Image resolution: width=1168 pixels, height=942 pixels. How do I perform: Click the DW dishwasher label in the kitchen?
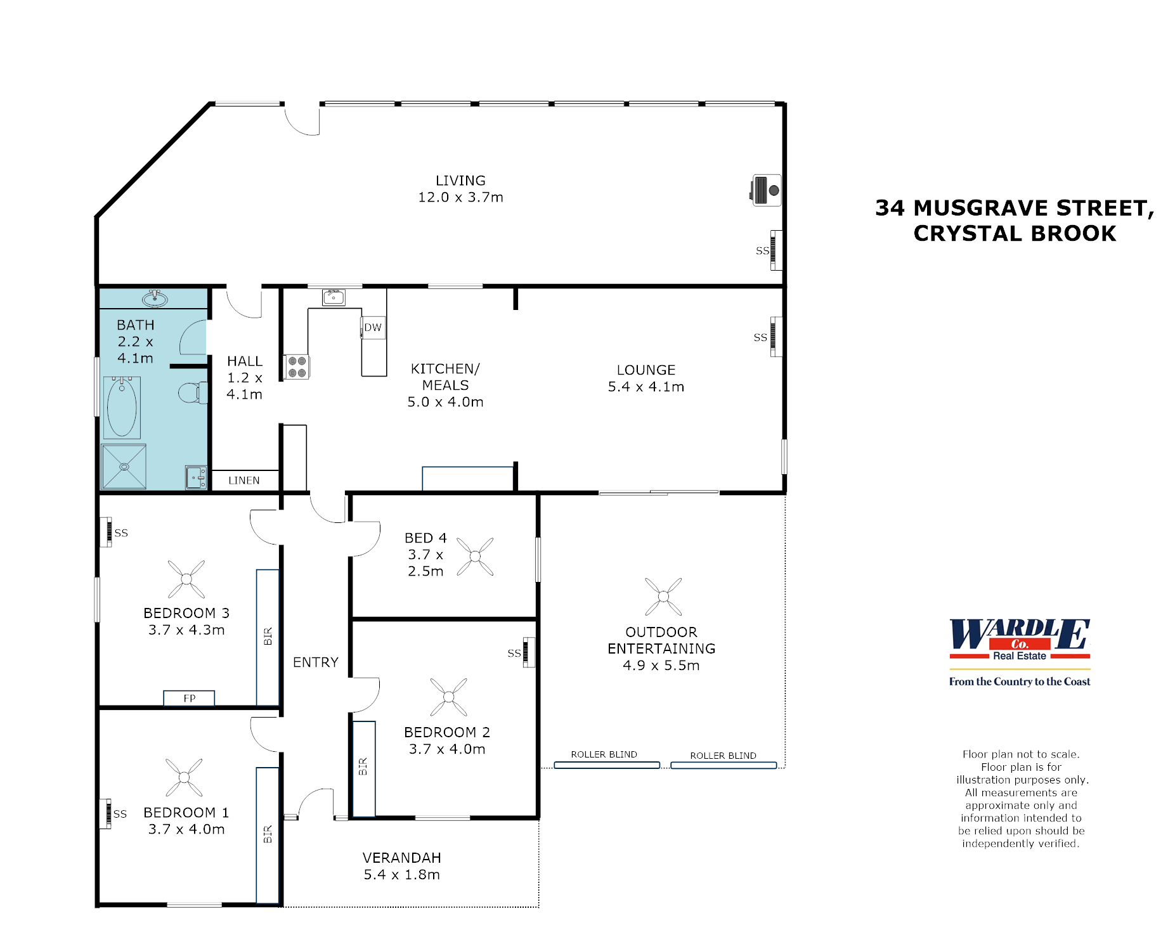(373, 328)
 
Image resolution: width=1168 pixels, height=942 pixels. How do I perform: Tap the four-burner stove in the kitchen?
(297, 367)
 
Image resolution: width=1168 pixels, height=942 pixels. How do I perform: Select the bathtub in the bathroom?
(122, 408)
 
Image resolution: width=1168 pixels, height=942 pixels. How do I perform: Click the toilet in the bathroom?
(192, 393)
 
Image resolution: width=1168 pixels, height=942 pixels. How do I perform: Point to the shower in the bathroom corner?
(124, 467)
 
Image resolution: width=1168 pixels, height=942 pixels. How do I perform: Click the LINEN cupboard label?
(244, 481)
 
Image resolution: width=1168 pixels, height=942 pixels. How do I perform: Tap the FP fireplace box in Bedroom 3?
(189, 698)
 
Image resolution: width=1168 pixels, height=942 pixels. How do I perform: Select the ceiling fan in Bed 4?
(475, 557)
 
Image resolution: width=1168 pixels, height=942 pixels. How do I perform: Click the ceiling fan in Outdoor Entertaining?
(663, 597)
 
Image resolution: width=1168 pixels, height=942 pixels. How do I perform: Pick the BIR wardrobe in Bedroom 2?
(363, 768)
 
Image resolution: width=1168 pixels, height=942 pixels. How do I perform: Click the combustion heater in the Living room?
(766, 190)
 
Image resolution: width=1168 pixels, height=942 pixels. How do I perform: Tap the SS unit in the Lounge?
(775, 337)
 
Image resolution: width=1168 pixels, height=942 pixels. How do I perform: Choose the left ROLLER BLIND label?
(604, 754)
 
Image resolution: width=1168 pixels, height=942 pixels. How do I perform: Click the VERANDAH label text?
(401, 858)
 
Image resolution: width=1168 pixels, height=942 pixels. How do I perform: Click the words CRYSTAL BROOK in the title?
(1014, 233)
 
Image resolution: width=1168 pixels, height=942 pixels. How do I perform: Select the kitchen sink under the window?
(334, 297)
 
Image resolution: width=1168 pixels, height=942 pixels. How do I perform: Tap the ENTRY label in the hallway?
(315, 662)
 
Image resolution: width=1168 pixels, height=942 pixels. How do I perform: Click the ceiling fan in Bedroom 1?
(184, 777)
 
